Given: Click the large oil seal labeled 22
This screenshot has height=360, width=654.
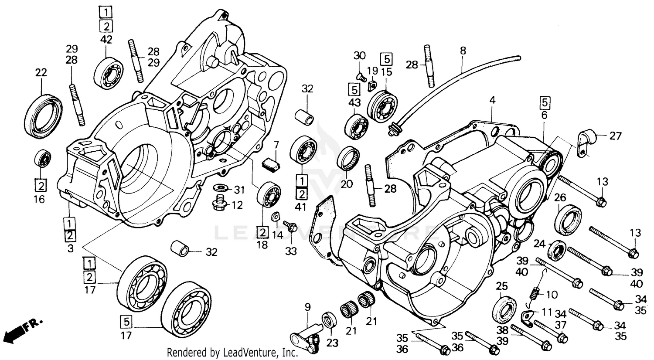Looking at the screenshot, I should click(x=43, y=112).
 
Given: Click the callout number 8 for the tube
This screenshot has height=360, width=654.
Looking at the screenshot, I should click(x=463, y=51).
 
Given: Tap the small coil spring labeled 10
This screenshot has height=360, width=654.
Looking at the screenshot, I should click(x=535, y=289).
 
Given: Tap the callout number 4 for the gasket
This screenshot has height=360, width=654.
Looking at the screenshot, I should click(x=492, y=100).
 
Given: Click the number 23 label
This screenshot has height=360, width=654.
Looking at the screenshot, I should click(x=332, y=343).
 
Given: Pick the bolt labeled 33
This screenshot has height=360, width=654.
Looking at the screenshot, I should click(x=290, y=227).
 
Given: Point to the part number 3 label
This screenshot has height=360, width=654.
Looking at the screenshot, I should click(x=70, y=249).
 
